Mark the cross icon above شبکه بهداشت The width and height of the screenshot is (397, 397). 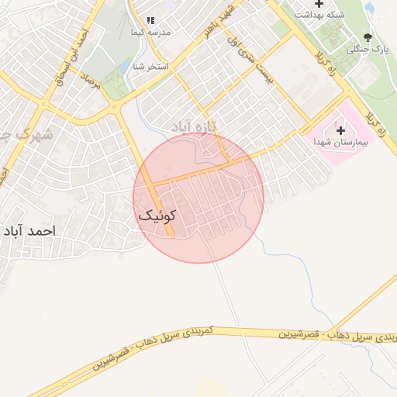tap(319, 4)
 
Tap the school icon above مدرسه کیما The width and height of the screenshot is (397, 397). tap(151, 20)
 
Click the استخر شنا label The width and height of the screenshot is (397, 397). tap(152, 66)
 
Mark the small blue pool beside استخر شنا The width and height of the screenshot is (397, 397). tap(124, 68)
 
